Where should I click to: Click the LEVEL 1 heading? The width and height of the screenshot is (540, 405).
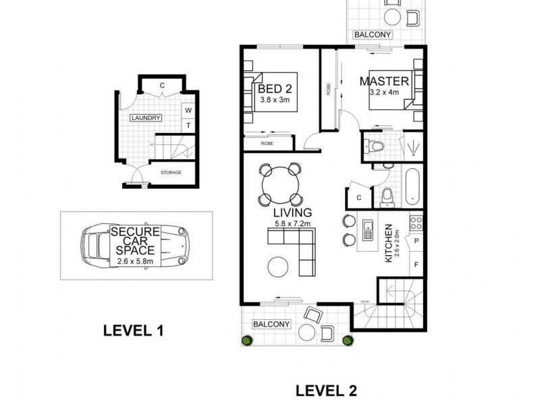pyautogui.click(x=133, y=331)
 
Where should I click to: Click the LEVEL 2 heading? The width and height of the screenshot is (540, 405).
pyautogui.click(x=327, y=390)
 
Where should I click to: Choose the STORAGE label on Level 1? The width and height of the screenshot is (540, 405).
pyautogui.click(x=171, y=173)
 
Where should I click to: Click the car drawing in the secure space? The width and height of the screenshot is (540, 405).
pyautogui.click(x=135, y=244)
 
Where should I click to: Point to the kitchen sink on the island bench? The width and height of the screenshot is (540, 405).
pyautogui.click(x=369, y=231)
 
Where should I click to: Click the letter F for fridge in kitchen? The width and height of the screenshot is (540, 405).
pyautogui.click(x=416, y=264)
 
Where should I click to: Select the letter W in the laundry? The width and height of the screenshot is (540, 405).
pyautogui.click(x=188, y=110)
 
